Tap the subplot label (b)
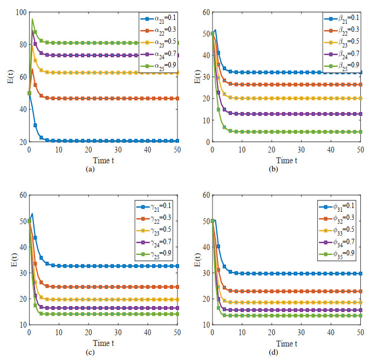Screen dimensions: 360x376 [286, 168]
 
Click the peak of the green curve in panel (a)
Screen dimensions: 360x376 [32, 19]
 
